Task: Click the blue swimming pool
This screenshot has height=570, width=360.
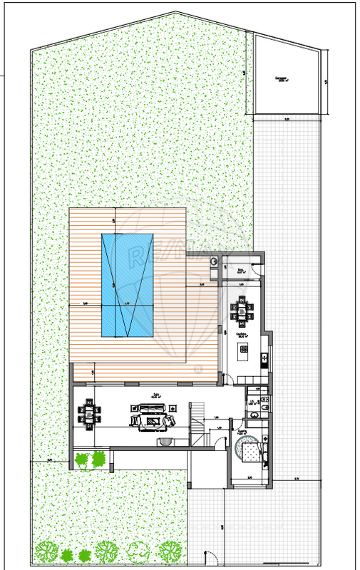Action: click(x=128, y=285)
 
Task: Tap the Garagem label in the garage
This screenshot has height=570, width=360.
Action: click(x=285, y=80)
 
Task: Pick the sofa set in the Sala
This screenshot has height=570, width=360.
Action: click(x=151, y=416)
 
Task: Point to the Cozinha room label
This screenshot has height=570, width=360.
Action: click(x=242, y=333)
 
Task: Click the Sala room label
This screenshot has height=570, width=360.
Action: click(x=155, y=393)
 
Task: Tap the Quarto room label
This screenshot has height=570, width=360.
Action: click(x=242, y=432)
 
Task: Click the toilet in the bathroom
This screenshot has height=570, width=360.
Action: click(x=263, y=403)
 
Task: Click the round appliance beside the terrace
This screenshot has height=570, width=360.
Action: click(x=214, y=261)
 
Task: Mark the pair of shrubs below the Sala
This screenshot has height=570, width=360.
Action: click(x=91, y=460)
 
